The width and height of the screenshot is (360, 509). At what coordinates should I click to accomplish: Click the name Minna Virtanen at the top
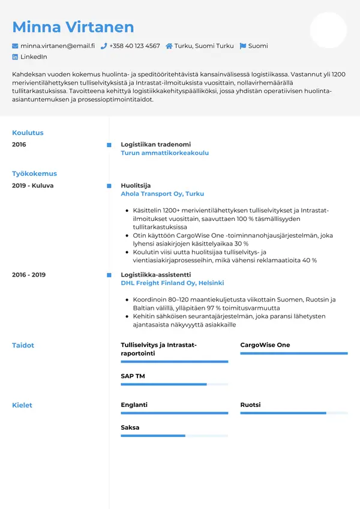(73, 27)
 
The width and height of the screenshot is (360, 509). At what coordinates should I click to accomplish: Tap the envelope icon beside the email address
(15, 46)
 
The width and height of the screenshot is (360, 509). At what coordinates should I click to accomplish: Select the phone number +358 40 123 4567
(134, 46)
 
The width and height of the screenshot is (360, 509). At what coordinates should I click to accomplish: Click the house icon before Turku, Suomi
(169, 46)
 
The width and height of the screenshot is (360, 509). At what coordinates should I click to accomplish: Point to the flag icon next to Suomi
(242, 46)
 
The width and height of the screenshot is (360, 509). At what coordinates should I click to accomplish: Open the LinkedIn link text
(34, 57)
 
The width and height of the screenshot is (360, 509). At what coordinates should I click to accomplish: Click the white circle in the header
(328, 30)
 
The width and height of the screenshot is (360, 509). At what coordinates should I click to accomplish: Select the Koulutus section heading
(28, 133)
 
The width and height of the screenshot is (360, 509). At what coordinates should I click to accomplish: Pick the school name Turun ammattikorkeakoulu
(164, 153)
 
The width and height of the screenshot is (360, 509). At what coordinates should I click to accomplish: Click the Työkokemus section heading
(34, 173)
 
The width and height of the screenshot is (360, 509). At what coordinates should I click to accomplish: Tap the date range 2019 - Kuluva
(32, 185)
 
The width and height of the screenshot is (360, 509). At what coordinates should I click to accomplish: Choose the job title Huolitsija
(136, 185)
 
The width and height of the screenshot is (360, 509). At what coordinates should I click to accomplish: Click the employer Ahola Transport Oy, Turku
(162, 194)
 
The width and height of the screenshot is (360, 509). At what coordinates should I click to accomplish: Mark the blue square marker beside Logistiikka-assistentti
(109, 275)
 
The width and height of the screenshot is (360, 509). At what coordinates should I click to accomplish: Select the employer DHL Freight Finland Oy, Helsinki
(172, 283)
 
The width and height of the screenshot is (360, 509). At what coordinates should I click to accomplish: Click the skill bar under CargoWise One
(293, 354)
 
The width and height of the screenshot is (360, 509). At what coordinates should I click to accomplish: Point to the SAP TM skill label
(133, 376)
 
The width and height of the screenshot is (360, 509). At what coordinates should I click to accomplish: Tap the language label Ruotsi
(250, 405)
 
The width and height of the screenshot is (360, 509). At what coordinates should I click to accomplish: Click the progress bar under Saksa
(174, 436)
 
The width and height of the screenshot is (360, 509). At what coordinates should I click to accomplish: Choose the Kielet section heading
(22, 405)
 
